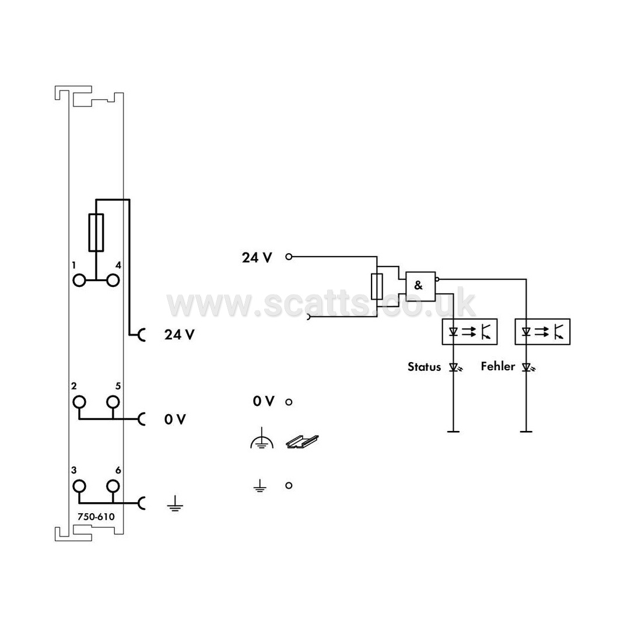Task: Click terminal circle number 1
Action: point(79,281)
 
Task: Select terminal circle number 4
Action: point(113,281)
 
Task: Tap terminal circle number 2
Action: point(79,402)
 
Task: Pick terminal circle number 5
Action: point(113,402)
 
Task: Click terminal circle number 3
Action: point(79,486)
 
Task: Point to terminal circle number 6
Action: point(113,486)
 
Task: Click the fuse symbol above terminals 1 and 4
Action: point(96,233)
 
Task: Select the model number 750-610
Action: point(96,517)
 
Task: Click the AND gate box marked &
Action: point(420,286)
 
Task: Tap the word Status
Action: point(424,366)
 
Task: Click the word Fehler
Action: point(498,366)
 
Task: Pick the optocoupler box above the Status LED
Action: point(469,331)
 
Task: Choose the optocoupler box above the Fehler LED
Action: point(542,331)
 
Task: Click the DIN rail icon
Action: point(303,441)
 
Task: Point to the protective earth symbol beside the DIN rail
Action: point(261,439)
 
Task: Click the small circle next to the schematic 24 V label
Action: point(289,257)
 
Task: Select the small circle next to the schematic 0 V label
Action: point(289,402)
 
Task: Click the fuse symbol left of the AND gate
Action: point(377,286)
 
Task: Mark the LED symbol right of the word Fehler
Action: point(528,367)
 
